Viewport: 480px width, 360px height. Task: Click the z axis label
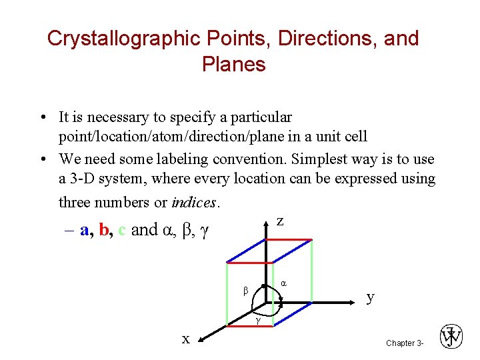coord(280,221)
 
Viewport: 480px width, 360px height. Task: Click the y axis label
coord(371,297)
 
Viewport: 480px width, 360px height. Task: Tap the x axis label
coord(186,339)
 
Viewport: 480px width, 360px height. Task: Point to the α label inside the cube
coord(283,283)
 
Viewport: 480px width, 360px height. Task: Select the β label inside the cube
coord(245,291)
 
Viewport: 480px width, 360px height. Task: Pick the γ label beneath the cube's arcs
coord(258,321)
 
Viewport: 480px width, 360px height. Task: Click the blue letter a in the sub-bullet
coord(84,231)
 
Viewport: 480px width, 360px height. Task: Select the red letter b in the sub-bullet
coord(103,231)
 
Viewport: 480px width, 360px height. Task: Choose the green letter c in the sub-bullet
coord(121,231)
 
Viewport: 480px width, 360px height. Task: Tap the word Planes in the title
coord(233,64)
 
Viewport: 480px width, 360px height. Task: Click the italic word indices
coord(194,201)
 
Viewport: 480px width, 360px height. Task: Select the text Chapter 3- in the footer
coord(405,343)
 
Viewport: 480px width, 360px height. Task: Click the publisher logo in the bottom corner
coord(451,337)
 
